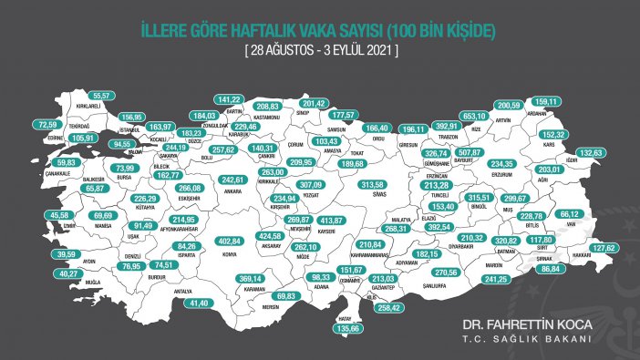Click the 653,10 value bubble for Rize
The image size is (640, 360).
coord(501,117)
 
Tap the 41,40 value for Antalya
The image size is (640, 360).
coord(199,303)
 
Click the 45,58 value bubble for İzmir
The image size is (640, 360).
coord(60,215)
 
